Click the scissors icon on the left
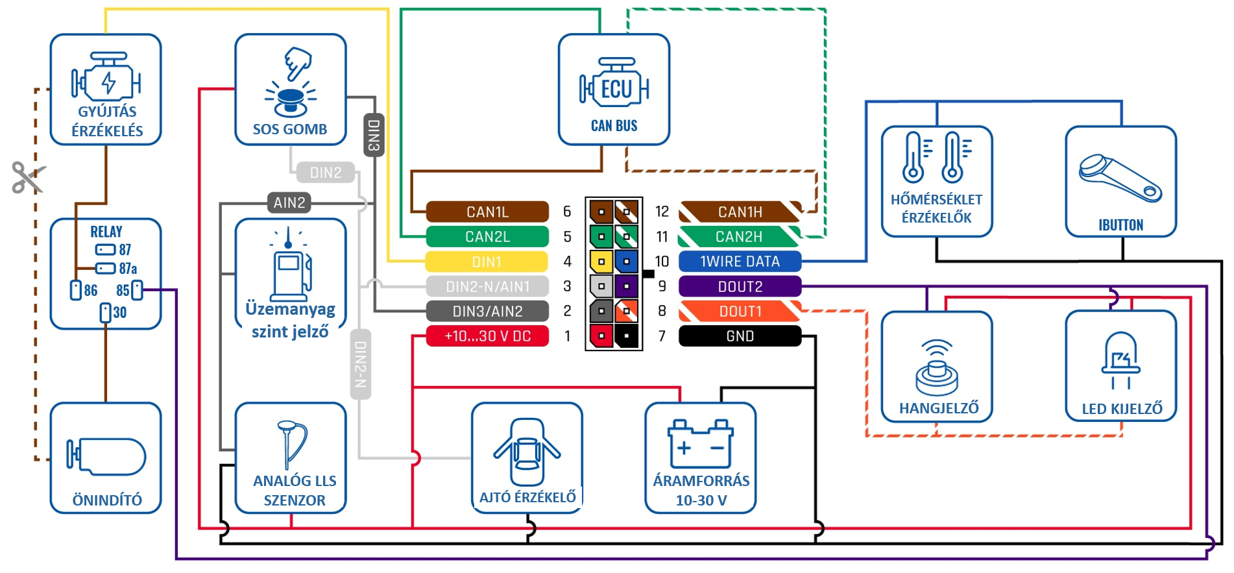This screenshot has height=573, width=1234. (x=28, y=177)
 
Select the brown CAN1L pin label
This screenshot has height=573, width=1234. (x=487, y=212)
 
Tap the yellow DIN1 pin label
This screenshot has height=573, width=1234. (x=487, y=262)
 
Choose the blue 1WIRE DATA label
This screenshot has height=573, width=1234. (x=740, y=262)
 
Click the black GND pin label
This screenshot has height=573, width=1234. (x=740, y=336)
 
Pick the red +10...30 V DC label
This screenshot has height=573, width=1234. (x=487, y=336)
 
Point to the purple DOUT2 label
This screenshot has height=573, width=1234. (x=740, y=286)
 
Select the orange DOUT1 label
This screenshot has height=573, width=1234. (x=740, y=311)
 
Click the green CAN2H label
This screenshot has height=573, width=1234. (x=740, y=237)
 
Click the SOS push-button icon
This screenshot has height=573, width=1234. (x=290, y=82)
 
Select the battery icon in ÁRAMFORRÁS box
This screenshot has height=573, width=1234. (x=701, y=443)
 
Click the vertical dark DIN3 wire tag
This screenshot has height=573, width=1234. (x=374, y=135)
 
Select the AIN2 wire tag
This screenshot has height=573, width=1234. (x=289, y=202)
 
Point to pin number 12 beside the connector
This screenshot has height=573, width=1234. (x=662, y=212)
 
